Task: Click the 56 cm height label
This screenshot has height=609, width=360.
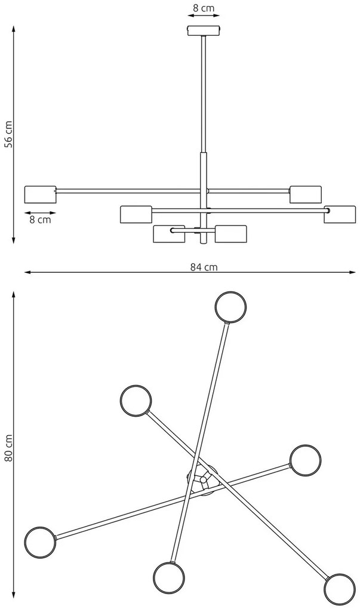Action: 8,134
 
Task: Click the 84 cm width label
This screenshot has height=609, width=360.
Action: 204,267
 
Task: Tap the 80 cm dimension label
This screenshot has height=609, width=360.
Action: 8,448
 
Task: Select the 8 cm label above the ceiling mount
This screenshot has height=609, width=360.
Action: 204,8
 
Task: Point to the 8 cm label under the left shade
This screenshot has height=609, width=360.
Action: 40,220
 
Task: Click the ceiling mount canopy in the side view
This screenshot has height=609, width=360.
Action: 204,30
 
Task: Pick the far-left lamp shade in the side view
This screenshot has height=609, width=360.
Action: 41,195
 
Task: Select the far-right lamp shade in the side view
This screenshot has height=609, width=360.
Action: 340,214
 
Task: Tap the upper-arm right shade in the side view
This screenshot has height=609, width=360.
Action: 305,194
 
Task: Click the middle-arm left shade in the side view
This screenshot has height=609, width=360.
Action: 136,214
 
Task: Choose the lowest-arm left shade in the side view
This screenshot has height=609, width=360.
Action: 169,234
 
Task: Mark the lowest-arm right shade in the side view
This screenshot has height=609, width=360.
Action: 230,234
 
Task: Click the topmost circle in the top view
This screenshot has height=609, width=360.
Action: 230,307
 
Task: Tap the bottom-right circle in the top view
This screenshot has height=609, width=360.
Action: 340,589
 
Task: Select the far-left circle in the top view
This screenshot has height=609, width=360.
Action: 40,543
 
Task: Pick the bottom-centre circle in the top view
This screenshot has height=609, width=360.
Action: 168,577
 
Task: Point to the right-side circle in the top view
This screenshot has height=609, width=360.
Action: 305,460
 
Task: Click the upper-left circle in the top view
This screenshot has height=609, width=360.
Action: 136,401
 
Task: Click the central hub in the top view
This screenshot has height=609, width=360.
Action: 203,479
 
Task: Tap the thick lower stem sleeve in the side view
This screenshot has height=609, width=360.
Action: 204,198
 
